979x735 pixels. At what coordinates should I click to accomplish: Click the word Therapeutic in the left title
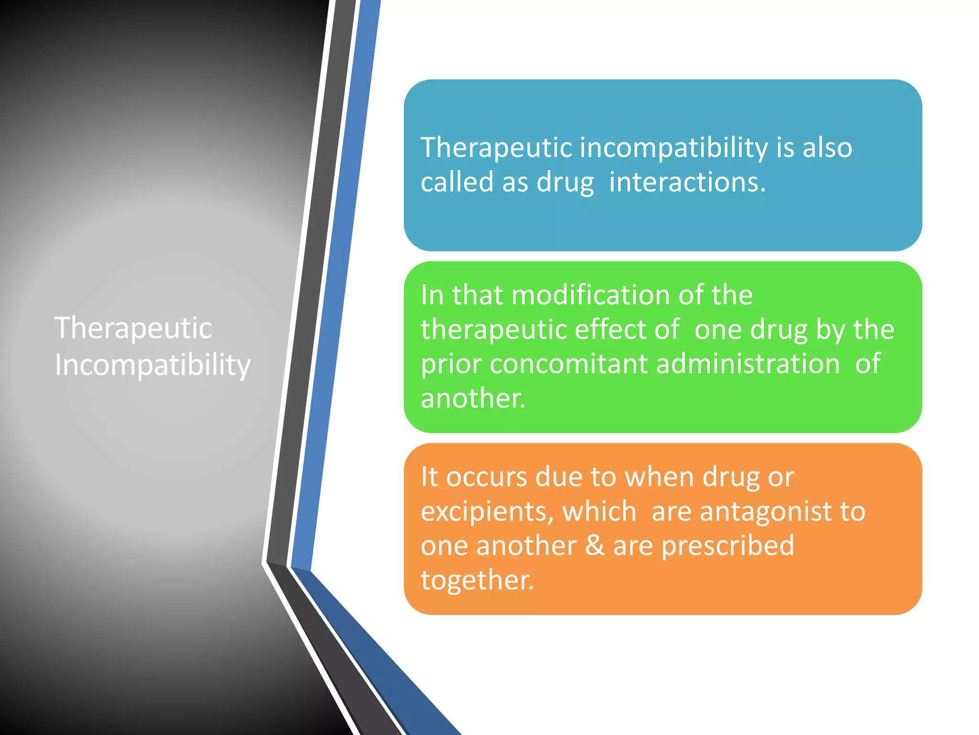[133, 329]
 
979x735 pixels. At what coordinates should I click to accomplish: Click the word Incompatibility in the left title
[152, 366]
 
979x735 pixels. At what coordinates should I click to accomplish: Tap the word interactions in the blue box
[686, 182]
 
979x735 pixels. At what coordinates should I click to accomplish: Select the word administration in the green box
[748, 364]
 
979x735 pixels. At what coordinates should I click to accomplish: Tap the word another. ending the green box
[473, 398]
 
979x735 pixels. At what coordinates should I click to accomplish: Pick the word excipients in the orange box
[487, 512]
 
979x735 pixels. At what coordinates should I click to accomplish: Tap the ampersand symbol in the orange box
[595, 546]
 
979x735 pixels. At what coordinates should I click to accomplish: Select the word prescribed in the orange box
[727, 546]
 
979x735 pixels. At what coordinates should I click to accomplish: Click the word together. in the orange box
[477, 580]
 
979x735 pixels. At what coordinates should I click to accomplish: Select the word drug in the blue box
[565, 182]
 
